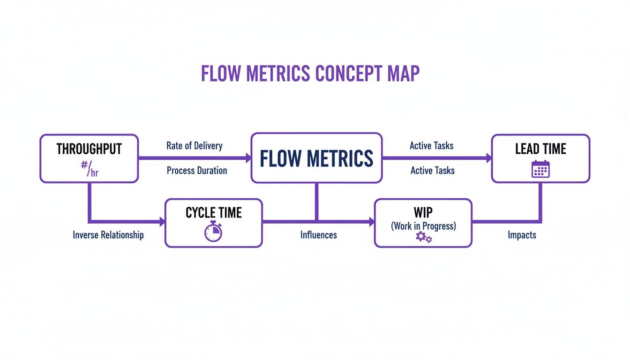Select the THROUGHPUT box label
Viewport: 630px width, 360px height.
tap(89, 149)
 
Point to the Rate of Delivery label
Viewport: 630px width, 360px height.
tap(194, 146)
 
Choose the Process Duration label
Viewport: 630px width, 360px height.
tap(197, 171)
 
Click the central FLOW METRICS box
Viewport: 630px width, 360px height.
tap(316, 158)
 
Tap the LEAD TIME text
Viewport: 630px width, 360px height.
tap(540, 149)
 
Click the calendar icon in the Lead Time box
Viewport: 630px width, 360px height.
tap(540, 169)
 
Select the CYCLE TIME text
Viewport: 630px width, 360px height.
tap(213, 213)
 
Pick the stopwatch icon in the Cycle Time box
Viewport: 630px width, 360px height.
tap(213, 232)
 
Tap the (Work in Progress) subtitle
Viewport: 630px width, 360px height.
tap(423, 226)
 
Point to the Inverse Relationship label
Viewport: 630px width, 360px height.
tap(108, 235)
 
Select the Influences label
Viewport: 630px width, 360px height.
tap(318, 235)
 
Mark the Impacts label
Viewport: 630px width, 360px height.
tap(522, 235)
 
